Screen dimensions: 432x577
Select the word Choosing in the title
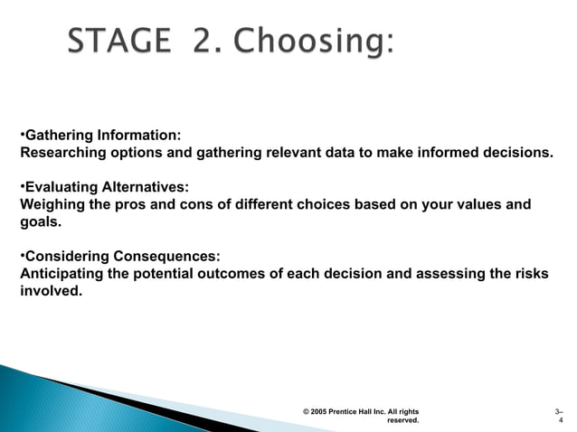(308, 42)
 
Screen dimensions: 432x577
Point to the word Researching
(61, 153)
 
